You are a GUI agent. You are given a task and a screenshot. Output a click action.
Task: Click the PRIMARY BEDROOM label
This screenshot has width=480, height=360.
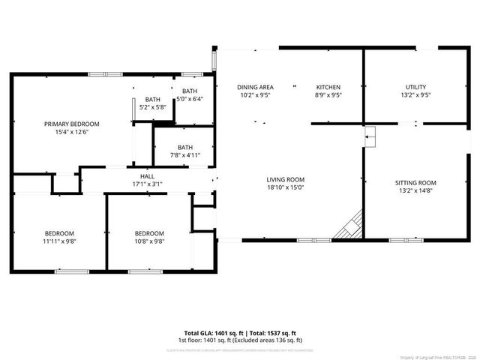pos(72,124)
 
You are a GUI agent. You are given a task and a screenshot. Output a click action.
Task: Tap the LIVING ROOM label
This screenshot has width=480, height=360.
pos(285,179)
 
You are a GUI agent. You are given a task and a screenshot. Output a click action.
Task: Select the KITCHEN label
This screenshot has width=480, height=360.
pos(328,87)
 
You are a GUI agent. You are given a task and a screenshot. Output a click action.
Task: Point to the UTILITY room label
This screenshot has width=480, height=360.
pos(416,87)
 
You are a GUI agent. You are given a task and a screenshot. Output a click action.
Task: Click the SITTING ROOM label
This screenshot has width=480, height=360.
pos(415,183)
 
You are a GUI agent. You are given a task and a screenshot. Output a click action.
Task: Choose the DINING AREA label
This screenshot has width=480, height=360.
pos(255,87)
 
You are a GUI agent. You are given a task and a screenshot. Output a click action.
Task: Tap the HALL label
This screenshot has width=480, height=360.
pos(147,176)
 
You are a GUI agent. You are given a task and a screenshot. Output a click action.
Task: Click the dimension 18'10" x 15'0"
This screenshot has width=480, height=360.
pos(285,188)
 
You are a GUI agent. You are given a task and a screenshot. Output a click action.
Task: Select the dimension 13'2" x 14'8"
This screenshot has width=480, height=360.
pos(415,192)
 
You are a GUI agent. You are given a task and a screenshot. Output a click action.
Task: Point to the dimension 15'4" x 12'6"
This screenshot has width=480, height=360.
pos(72,133)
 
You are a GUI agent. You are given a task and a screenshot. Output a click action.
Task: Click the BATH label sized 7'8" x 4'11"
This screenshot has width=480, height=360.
pos(185,147)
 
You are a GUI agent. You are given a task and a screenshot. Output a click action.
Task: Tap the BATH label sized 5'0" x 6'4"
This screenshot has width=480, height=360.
pos(190,91)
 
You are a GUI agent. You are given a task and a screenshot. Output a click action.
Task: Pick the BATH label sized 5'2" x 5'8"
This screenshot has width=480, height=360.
pos(153,99)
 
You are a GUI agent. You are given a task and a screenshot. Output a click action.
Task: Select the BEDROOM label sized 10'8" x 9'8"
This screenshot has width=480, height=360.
pos(149,232)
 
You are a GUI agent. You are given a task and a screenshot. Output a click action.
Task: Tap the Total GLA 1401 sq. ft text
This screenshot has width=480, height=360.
pos(212,332)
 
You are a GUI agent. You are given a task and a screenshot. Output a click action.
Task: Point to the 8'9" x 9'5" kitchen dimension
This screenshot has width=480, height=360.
pos(328,96)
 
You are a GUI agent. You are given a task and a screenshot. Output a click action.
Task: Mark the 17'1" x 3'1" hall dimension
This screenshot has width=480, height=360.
pos(147,184)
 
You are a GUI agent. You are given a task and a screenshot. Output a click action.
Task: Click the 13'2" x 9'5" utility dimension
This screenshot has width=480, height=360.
pos(416,96)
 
